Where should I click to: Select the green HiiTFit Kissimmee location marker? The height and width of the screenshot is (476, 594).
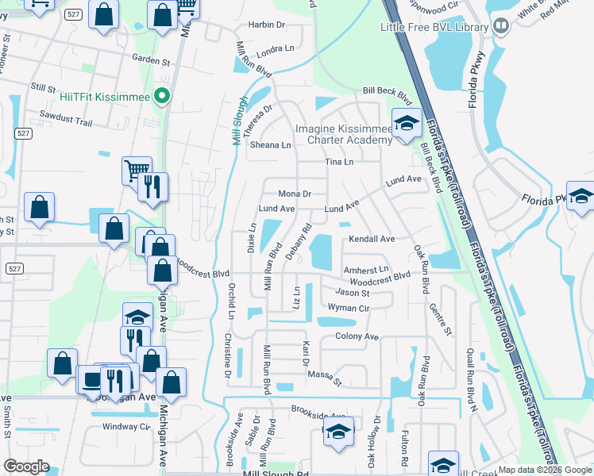click(x=163, y=96)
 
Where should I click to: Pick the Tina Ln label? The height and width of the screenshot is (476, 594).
click(x=338, y=162)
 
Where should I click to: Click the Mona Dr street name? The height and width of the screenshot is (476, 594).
click(x=294, y=194)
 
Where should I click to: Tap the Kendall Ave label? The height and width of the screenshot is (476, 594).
click(x=372, y=239)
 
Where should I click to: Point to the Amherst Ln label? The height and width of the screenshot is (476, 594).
click(x=366, y=270)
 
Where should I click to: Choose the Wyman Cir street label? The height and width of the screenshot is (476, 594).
click(x=349, y=307)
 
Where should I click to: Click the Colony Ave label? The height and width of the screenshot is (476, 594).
click(x=357, y=336)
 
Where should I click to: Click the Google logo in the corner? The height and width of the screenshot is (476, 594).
click(x=25, y=466)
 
